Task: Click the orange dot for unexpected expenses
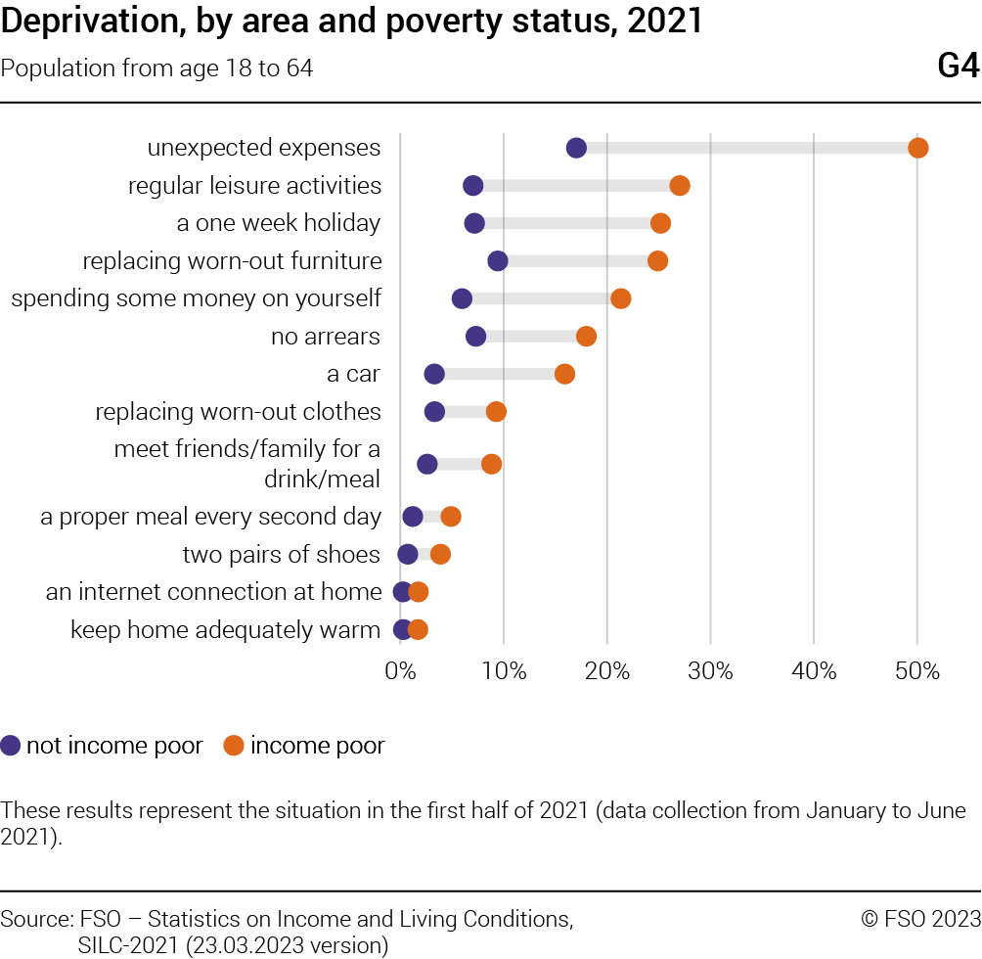pyautogui.click(x=917, y=148)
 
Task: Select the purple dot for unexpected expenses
pyautogui.click(x=576, y=148)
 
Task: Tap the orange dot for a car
pyautogui.click(x=564, y=374)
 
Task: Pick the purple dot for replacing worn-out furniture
pyautogui.click(x=497, y=261)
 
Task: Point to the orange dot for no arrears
pyautogui.click(x=586, y=337)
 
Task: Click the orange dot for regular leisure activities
pyautogui.click(x=680, y=186)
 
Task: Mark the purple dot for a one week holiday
pyautogui.click(x=474, y=224)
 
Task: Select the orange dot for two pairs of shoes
pyautogui.click(x=440, y=555)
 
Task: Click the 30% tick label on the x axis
pyautogui.click(x=710, y=672)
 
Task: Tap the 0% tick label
pyautogui.click(x=400, y=672)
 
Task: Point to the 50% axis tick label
pyautogui.click(x=916, y=672)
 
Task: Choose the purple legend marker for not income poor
pyautogui.click(x=12, y=746)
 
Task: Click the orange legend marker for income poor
pyautogui.click(x=234, y=746)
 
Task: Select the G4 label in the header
pyautogui.click(x=958, y=67)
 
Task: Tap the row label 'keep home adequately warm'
pyautogui.click(x=225, y=629)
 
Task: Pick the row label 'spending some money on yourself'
pyautogui.click(x=196, y=298)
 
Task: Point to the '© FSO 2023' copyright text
pyautogui.click(x=920, y=919)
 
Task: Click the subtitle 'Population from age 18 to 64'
pyautogui.click(x=157, y=68)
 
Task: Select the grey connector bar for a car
pyautogui.click(x=499, y=374)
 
